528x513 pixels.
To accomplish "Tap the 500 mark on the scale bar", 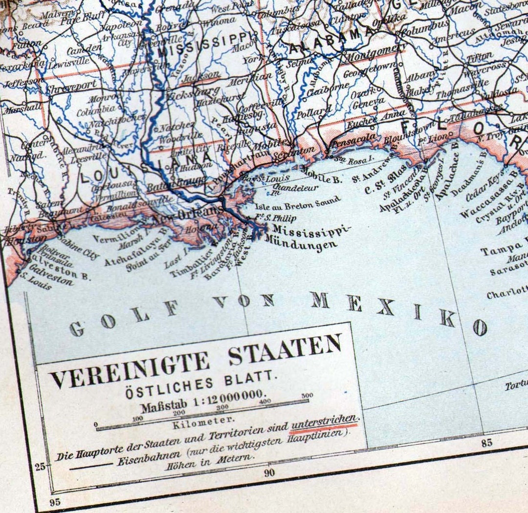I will [307, 395].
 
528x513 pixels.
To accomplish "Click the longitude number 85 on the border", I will [486, 443].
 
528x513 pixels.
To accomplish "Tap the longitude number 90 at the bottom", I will [269, 472].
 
